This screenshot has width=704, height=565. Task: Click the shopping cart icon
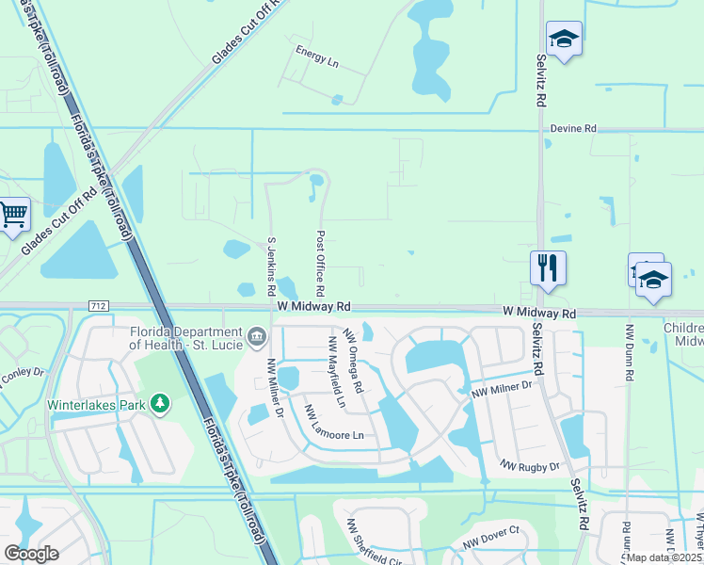coord(13,215)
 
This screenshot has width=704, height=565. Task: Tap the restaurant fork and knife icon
coord(547,267)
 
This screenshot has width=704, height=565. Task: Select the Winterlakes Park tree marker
coord(161,405)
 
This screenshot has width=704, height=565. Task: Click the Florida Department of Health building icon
coord(256,336)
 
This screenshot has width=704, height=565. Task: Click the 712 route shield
coord(97,306)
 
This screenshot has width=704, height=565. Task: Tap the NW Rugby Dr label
coord(530,466)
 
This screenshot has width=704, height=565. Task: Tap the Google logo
coord(31,553)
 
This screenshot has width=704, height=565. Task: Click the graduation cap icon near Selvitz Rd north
coord(564,39)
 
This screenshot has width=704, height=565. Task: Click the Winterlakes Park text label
coord(99,406)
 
